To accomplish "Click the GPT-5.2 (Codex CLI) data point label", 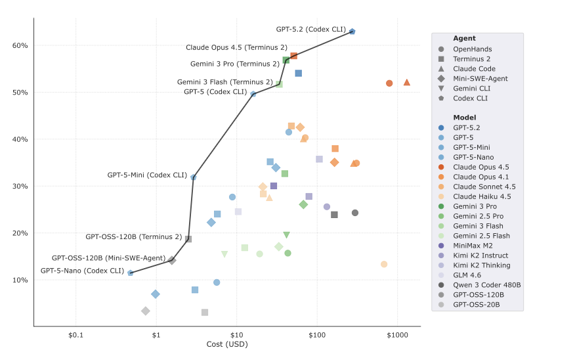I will (x=310, y=30).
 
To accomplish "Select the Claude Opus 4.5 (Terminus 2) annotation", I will (x=236, y=47).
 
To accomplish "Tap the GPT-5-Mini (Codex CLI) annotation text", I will (x=147, y=175).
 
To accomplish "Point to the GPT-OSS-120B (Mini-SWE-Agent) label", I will (x=108, y=258).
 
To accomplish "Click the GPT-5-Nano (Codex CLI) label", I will (x=82, y=271).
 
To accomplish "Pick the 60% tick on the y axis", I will (x=20, y=46).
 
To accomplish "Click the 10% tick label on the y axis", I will (x=20, y=281).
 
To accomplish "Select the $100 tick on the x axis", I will (x=317, y=334).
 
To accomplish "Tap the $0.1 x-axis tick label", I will (x=75, y=334).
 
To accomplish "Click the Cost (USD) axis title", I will (x=227, y=344).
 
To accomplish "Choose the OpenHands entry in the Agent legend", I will (x=472, y=49).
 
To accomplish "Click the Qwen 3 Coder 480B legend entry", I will (x=486, y=285).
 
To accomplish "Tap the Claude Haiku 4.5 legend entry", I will (x=482, y=196).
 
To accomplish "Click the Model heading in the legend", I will (x=464, y=118).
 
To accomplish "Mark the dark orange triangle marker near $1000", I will (x=407, y=82).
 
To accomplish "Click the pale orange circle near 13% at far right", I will (x=384, y=264).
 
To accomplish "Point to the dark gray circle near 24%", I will (x=355, y=213).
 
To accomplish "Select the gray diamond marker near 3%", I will (x=146, y=311).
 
